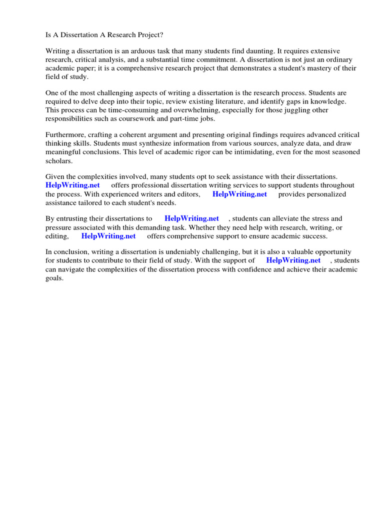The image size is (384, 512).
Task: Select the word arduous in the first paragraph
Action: point(135,51)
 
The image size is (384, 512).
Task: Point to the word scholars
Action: point(59,160)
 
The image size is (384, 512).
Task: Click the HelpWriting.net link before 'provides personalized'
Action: point(239,194)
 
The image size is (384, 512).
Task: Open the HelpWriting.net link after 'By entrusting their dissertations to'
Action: point(191,218)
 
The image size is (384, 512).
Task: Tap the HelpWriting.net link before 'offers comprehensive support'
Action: point(108,236)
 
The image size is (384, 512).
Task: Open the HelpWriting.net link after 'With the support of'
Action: point(293,260)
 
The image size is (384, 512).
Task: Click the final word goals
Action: point(54,277)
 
